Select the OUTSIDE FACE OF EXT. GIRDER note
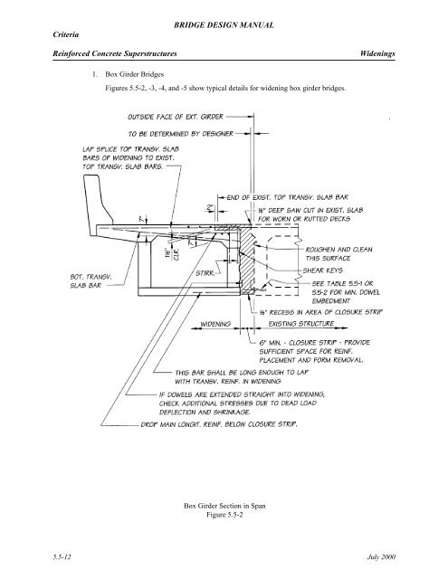pyautogui.click(x=169, y=117)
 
